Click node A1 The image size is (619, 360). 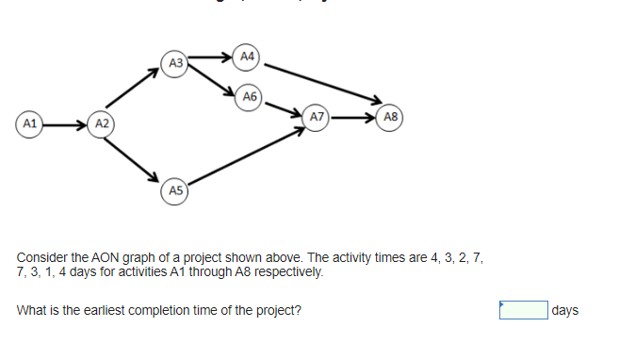coord(30,123)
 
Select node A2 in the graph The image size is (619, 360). coord(102,124)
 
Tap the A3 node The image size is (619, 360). coord(173,63)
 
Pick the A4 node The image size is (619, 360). coord(247,57)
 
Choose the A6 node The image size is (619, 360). coord(249,96)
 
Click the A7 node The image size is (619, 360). coord(318,118)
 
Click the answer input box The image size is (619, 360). coord(524,310)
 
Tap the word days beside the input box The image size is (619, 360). coord(565,310)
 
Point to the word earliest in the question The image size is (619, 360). coord(122,310)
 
